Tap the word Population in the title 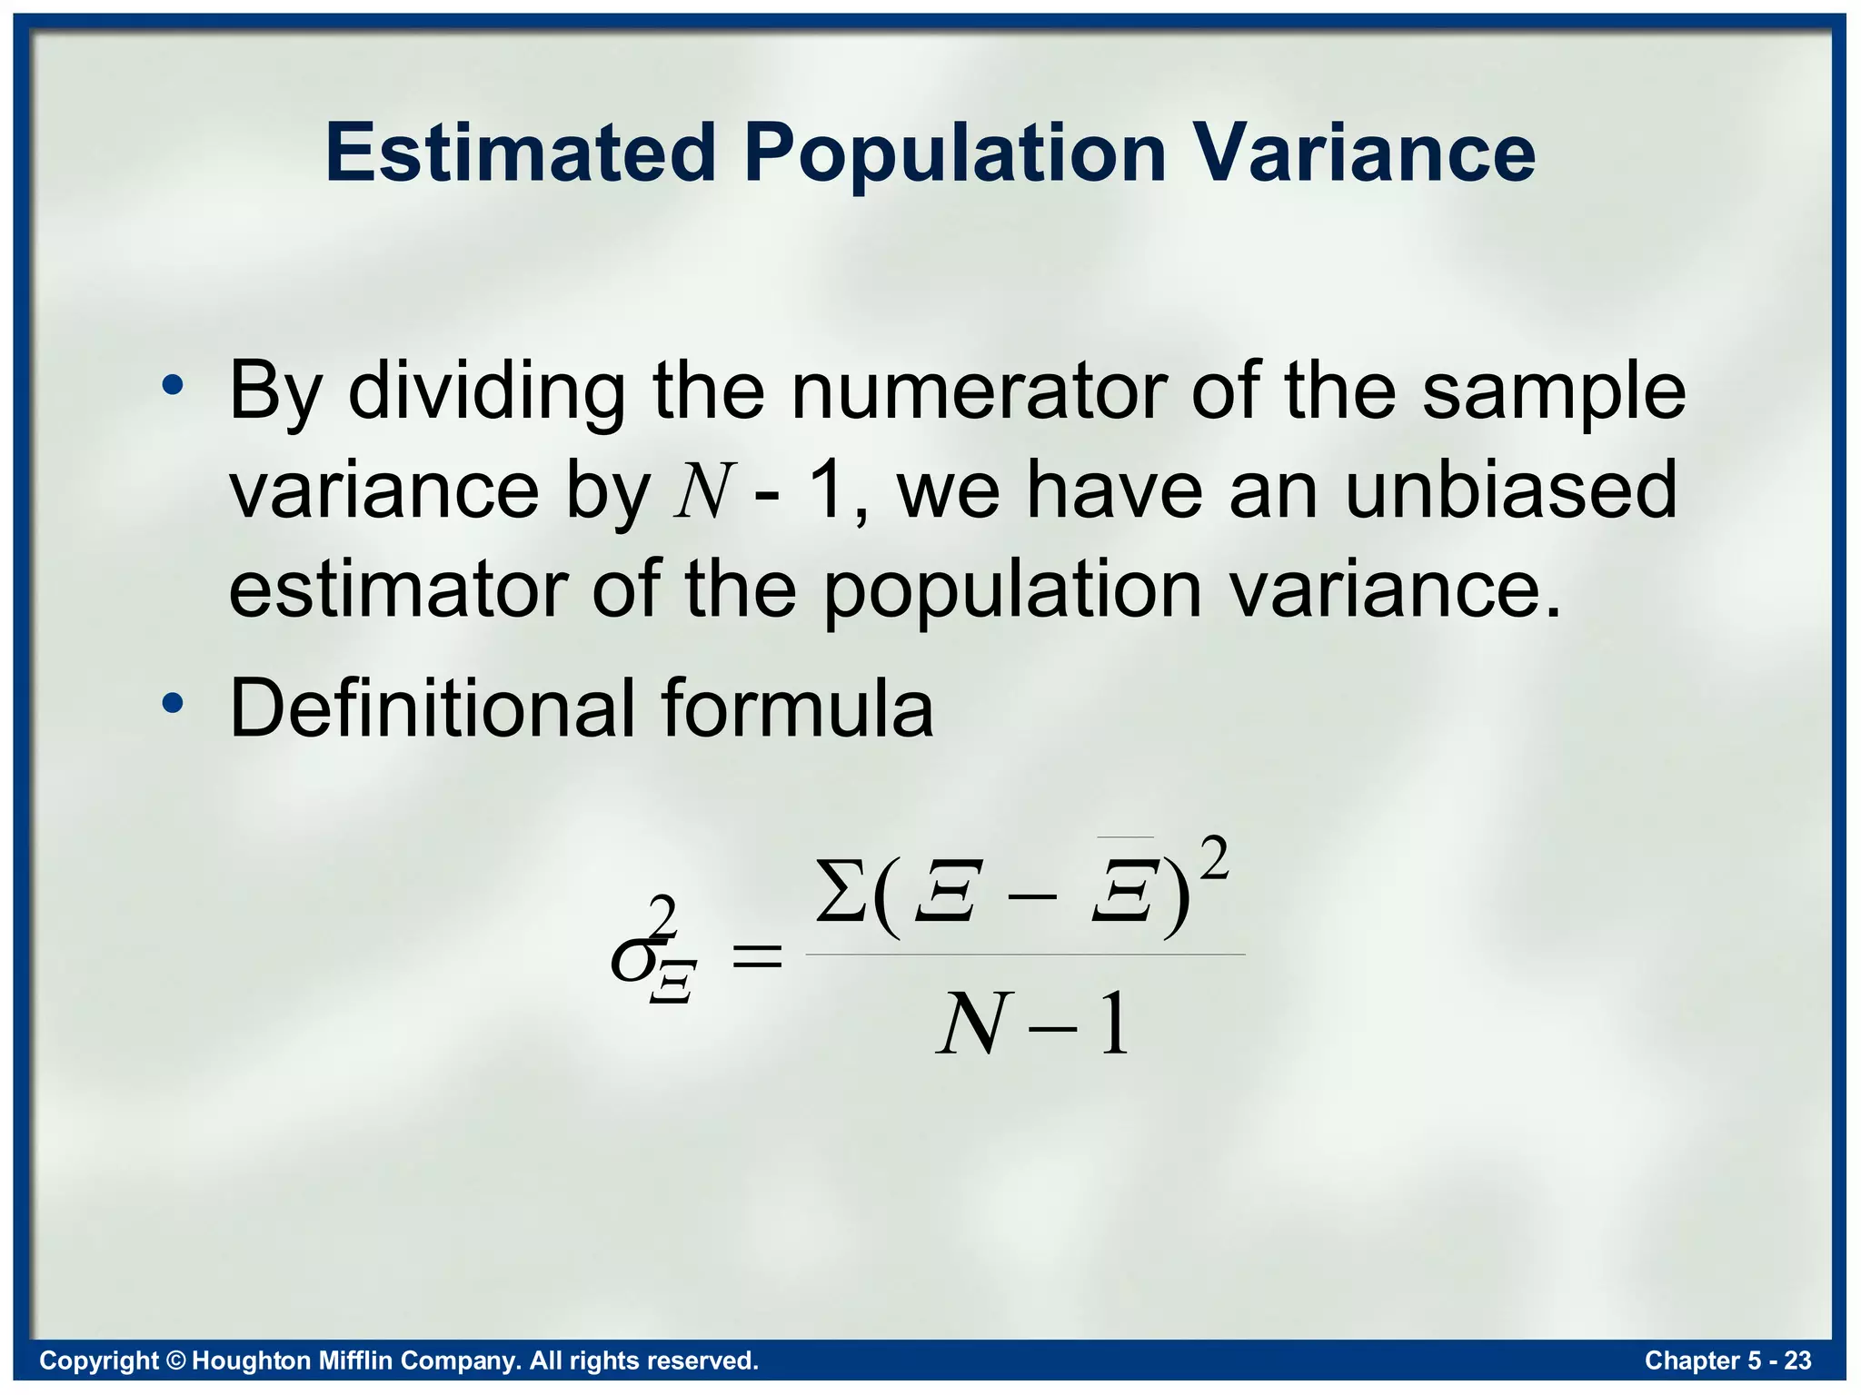pyautogui.click(x=954, y=154)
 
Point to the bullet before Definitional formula pyautogui.click(x=173, y=703)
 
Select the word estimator pyautogui.click(x=398, y=590)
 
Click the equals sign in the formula pyautogui.click(x=757, y=956)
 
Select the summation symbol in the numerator pyautogui.click(x=841, y=891)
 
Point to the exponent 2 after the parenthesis pyautogui.click(x=1214, y=859)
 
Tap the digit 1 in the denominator pyautogui.click(x=1115, y=1024)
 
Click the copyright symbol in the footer pyautogui.click(x=176, y=1360)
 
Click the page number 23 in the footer pyautogui.click(x=1797, y=1360)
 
